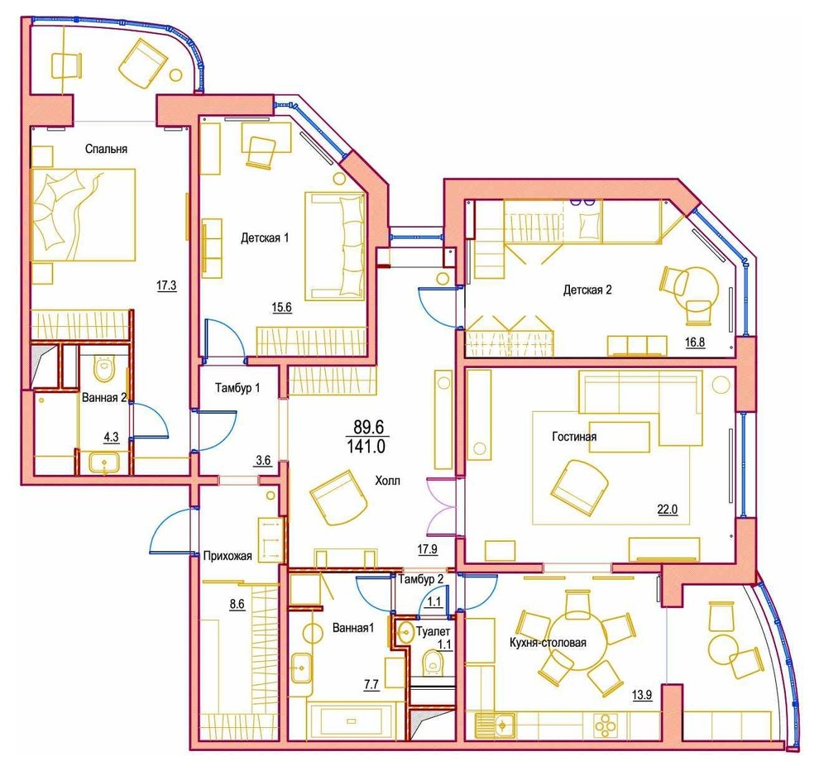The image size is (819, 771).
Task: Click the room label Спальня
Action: [106, 149]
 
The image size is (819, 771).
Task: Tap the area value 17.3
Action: [166, 285]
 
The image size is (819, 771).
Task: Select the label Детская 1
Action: [265, 238]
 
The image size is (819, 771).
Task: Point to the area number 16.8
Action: [695, 342]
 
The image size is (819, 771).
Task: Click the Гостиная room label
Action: [574, 437]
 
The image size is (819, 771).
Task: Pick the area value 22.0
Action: [668, 509]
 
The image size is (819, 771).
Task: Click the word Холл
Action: [387, 481]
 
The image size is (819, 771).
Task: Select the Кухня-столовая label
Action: [548, 643]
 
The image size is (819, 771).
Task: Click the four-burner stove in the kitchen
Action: [606, 725]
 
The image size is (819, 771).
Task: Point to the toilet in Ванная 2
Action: [103, 368]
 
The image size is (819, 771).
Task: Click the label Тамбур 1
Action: [237, 388]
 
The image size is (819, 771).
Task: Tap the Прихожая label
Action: [227, 556]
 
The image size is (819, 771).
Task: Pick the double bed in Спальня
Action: [83, 214]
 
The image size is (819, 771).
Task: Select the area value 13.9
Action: [642, 695]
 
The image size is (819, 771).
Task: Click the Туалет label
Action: [433, 631]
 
